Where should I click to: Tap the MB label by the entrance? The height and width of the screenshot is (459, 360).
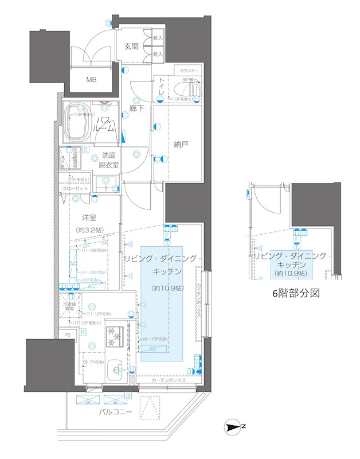pyautogui.click(x=91, y=80)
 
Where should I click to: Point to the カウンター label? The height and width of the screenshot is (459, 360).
pyautogui.click(x=187, y=71)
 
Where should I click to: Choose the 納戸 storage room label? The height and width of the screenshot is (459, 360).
pyautogui.click(x=181, y=144)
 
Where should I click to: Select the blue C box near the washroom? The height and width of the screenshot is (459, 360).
pyautogui.click(x=85, y=150)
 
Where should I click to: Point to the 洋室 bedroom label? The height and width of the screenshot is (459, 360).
pyautogui.click(x=88, y=217)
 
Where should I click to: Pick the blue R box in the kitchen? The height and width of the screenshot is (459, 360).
pyautogui.click(x=83, y=332)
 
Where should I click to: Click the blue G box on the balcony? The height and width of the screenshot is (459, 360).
pyautogui.click(x=128, y=396)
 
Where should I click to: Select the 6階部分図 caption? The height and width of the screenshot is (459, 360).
pyautogui.click(x=295, y=293)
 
